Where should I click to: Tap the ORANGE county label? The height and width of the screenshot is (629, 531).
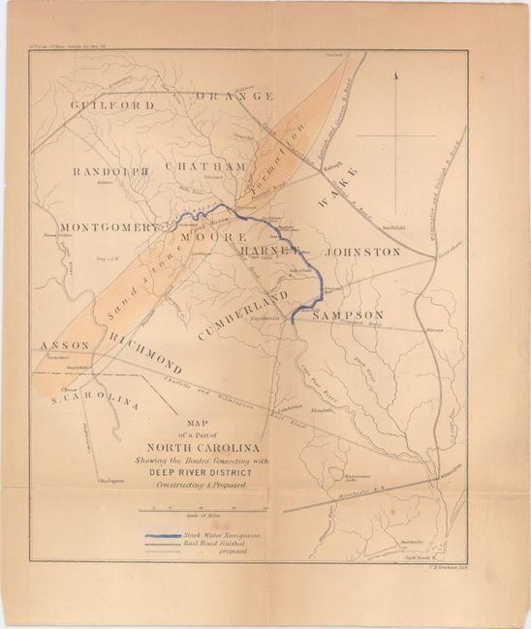(x=235, y=97)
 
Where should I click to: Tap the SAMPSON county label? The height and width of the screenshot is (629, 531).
(x=348, y=314)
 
